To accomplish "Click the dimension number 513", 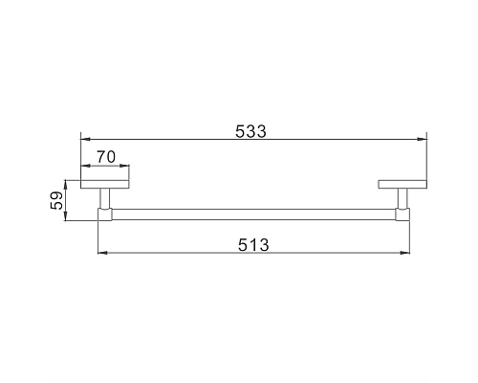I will [252, 244].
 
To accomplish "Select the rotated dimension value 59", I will [56, 200].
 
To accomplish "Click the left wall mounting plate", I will [105, 184].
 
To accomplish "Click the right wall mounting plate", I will [402, 184].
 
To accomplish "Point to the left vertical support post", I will [105, 198].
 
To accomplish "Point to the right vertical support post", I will [402, 198].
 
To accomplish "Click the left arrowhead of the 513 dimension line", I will [101, 254].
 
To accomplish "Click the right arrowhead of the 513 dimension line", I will [405, 254].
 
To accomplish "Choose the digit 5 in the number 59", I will [56, 206].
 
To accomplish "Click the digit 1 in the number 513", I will [252, 244].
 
